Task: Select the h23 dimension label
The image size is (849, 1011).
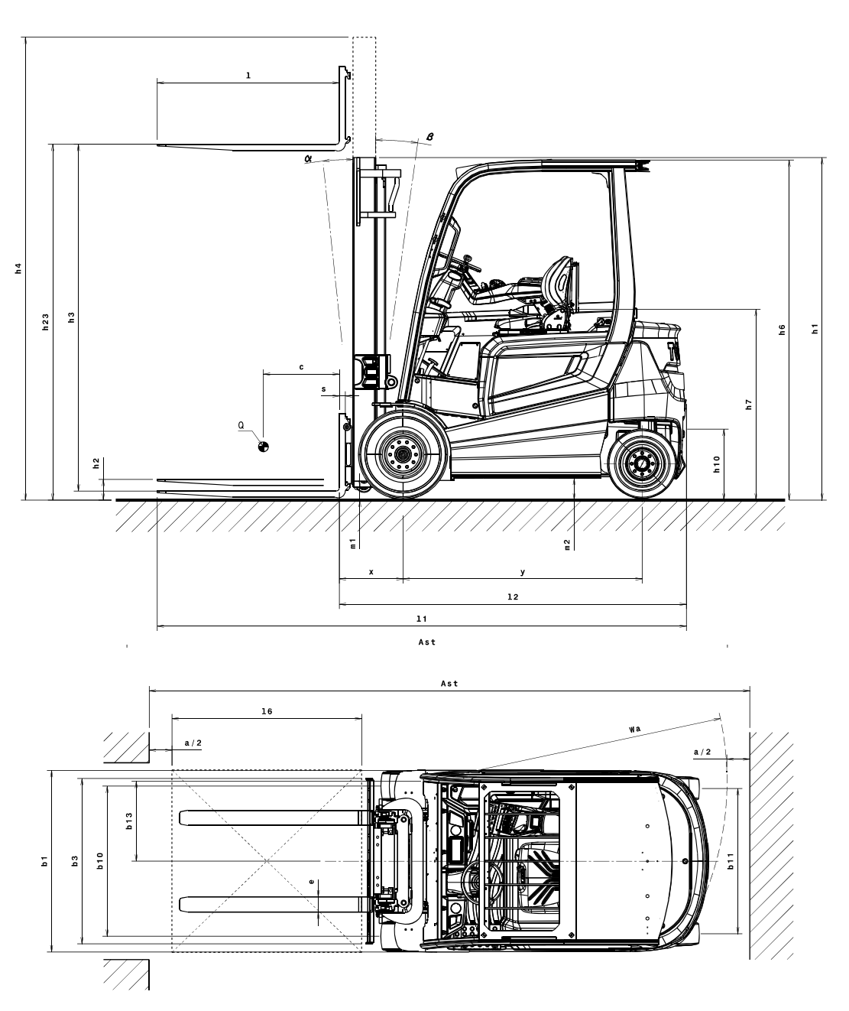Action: [45, 322]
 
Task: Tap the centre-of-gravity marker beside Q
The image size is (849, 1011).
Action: [263, 447]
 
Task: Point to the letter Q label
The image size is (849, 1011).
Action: [241, 424]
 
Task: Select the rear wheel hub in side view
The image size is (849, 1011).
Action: [641, 463]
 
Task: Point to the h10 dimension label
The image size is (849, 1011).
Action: [717, 464]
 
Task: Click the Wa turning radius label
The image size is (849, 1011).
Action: [634, 730]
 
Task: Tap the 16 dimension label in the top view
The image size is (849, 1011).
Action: [267, 711]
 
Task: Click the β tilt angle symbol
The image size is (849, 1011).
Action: [430, 136]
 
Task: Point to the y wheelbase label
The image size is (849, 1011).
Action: [523, 571]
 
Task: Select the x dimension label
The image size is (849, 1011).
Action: [371, 571]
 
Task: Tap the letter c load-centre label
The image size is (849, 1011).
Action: [301, 367]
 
